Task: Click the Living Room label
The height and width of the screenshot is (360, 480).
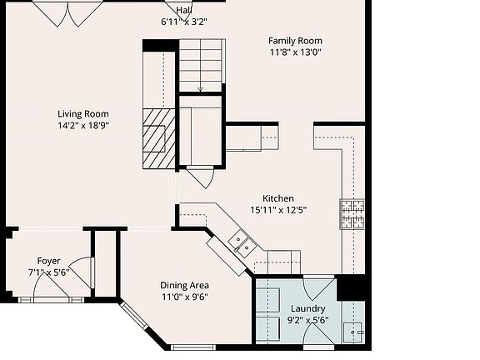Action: (82, 114)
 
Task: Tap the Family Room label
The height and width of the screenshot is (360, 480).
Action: (295, 41)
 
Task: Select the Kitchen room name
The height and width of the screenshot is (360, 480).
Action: (278, 198)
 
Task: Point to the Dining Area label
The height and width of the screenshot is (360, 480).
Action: (185, 285)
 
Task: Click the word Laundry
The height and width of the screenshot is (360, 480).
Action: (307, 307)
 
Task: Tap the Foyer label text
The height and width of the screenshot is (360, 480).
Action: (48, 261)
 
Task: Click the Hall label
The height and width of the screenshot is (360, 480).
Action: (183, 10)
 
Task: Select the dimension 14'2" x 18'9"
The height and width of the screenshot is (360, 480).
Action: (82, 126)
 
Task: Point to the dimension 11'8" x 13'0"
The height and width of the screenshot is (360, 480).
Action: (295, 52)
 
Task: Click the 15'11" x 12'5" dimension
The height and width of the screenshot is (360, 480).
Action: (278, 210)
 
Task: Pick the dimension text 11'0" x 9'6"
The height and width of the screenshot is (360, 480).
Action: (184, 297)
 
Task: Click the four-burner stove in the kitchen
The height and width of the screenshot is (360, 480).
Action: (352, 214)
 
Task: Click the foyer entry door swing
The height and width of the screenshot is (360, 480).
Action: (52, 287)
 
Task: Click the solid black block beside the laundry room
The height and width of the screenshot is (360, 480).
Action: (351, 287)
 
